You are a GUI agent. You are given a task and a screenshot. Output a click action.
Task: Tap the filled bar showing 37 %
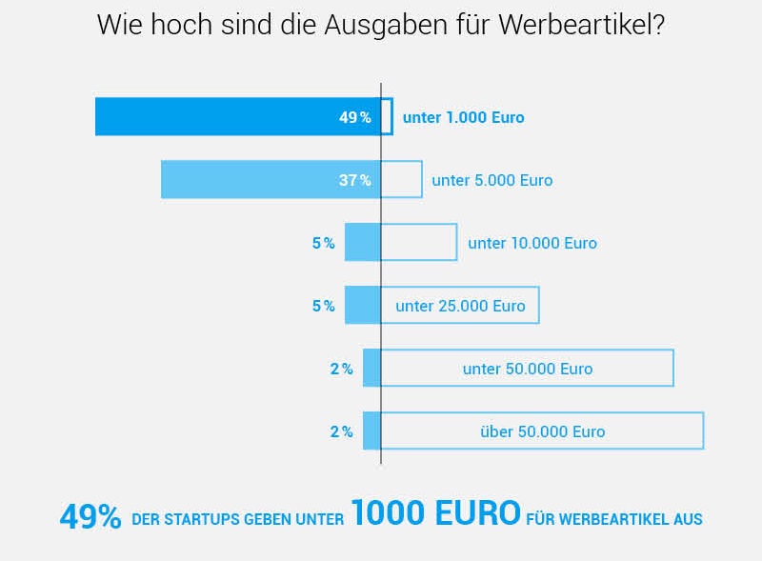(248, 180)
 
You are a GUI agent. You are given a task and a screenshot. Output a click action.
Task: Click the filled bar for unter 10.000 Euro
(362, 243)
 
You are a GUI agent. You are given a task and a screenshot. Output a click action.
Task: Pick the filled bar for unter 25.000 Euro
(362, 306)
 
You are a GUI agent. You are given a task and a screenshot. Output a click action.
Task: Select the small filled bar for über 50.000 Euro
(371, 431)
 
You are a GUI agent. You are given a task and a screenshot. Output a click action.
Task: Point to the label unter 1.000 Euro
(463, 118)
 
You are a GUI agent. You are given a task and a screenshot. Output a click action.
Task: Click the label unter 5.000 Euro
(491, 180)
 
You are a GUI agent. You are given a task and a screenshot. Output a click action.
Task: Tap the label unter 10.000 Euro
(531, 243)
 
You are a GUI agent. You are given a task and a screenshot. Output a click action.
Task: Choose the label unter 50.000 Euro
(527, 369)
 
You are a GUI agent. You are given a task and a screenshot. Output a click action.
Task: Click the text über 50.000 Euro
(542, 431)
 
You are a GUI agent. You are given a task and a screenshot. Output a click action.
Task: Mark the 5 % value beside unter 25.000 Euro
(323, 306)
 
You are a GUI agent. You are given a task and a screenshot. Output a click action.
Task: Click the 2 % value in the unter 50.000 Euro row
(341, 369)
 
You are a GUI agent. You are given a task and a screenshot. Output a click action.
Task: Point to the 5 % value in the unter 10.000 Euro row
(323, 243)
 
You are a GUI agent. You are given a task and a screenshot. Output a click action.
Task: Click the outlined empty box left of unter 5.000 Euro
(401, 180)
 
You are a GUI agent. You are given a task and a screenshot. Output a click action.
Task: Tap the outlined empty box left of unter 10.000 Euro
(419, 243)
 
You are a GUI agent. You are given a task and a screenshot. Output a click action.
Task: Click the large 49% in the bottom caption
(90, 517)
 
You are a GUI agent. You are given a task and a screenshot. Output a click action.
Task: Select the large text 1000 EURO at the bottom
(435, 514)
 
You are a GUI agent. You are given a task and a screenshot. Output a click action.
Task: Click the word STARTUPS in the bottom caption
(199, 520)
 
